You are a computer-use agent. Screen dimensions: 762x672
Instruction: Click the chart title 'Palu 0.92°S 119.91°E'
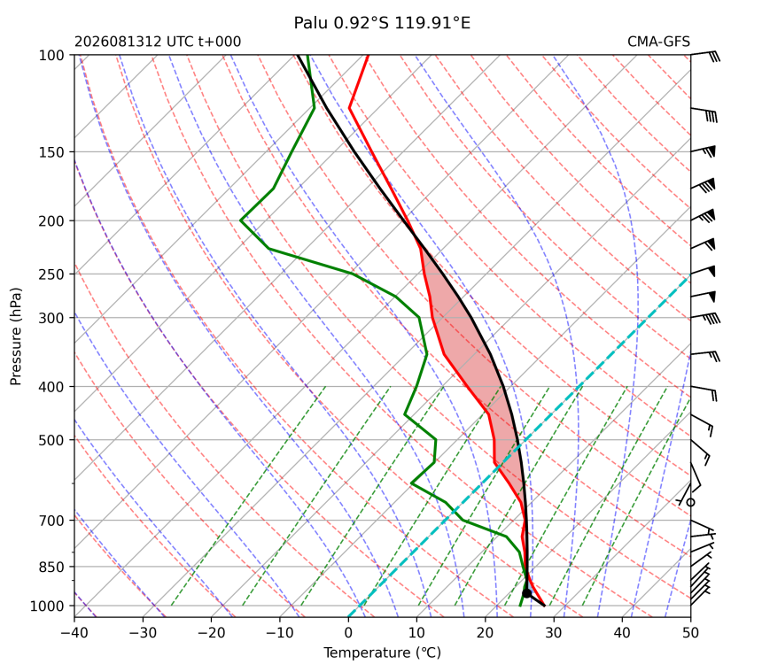click(x=382, y=23)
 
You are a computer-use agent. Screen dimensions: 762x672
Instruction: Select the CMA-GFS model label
click(x=658, y=42)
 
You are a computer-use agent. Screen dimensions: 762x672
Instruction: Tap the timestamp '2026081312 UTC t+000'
click(x=158, y=42)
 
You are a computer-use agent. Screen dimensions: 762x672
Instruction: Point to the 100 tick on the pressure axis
click(x=51, y=56)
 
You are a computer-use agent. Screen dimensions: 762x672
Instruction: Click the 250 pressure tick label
click(x=51, y=274)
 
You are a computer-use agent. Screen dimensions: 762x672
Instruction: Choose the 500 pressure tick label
click(x=51, y=440)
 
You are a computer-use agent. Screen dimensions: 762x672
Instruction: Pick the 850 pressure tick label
click(x=51, y=567)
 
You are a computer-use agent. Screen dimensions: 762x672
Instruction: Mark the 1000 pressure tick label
click(x=48, y=606)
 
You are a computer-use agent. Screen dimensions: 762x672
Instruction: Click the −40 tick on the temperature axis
click(x=74, y=633)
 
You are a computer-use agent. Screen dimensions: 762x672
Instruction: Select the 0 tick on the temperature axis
click(x=348, y=633)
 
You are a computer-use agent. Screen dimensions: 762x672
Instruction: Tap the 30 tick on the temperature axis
click(x=554, y=633)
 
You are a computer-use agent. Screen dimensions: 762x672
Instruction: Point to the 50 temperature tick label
click(x=690, y=633)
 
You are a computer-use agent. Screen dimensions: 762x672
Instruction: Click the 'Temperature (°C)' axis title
click(x=383, y=653)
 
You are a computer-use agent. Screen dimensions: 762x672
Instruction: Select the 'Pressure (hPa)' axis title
click(x=16, y=336)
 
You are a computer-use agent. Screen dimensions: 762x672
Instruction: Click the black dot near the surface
click(x=527, y=593)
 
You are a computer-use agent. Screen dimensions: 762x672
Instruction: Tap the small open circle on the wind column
click(x=690, y=503)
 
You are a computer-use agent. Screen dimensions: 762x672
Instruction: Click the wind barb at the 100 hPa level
click(x=704, y=55)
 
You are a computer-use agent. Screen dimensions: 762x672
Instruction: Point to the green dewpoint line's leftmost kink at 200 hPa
click(x=240, y=221)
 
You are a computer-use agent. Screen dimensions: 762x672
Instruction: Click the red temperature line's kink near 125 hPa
click(x=349, y=108)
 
